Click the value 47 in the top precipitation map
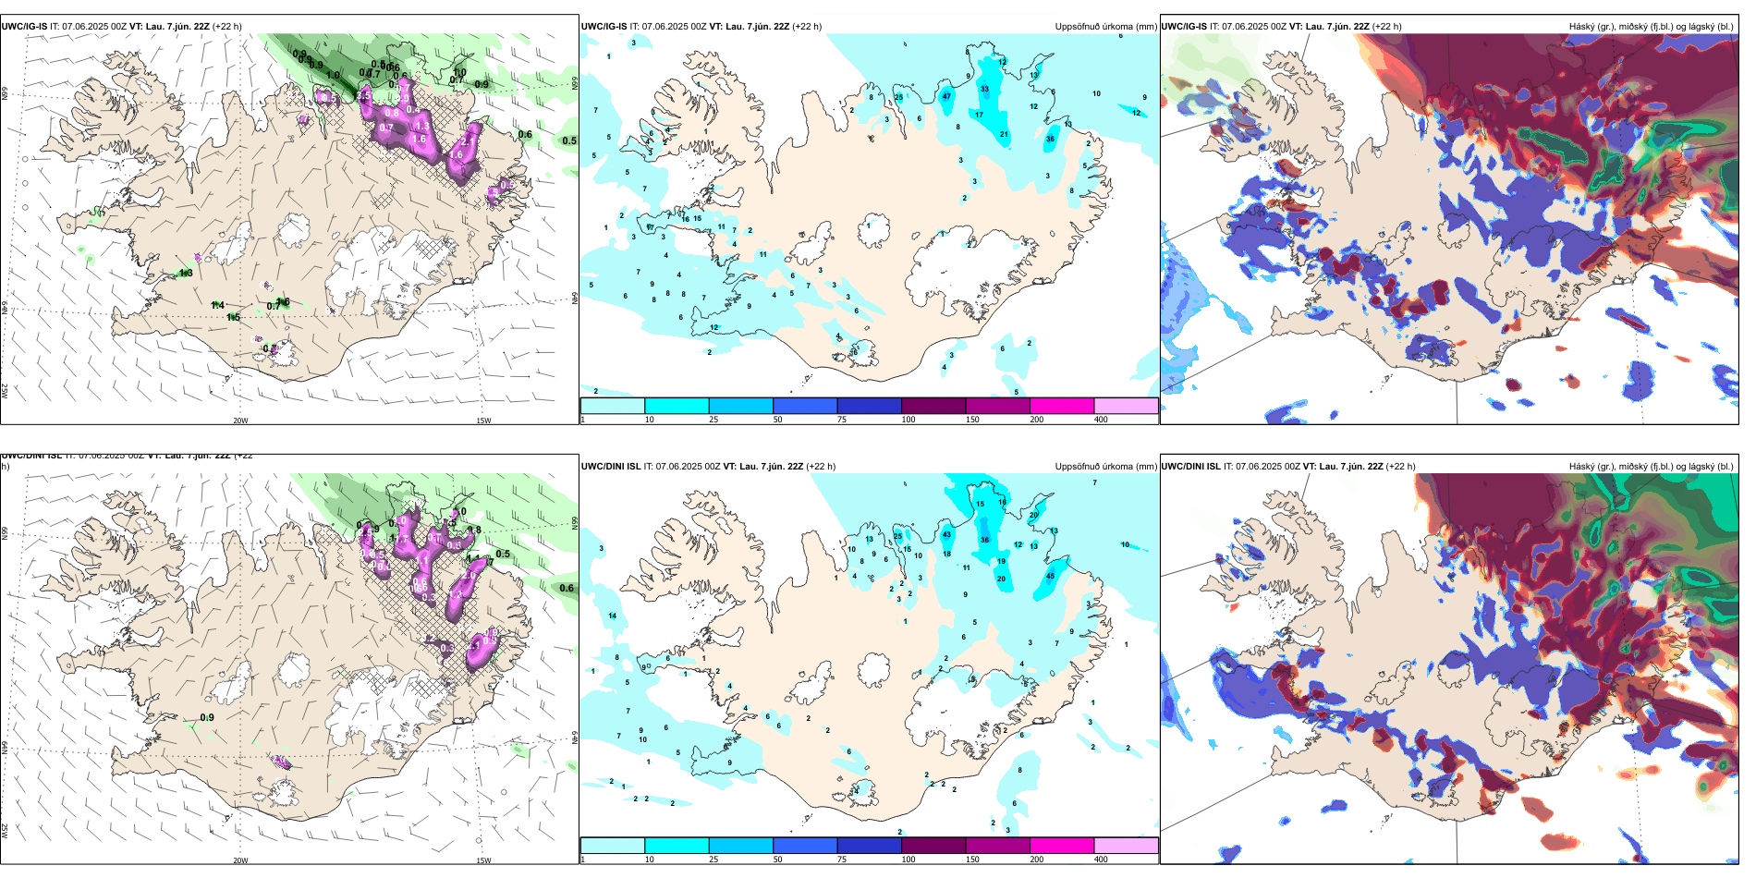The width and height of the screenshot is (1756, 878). [946, 96]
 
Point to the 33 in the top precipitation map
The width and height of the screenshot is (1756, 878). [984, 90]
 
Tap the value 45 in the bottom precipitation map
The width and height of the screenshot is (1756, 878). [1050, 576]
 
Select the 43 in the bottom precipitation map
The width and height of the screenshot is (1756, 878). [946, 534]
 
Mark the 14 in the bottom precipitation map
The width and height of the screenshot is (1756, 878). [613, 616]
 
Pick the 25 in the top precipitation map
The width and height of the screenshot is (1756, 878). [899, 97]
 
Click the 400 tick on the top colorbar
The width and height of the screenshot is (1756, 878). [1101, 420]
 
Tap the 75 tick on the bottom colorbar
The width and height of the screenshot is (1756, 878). [842, 860]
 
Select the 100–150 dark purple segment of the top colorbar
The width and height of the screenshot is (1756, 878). [933, 406]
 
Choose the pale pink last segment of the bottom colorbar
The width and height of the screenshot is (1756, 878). [1126, 846]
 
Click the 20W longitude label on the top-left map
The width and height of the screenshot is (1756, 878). [240, 421]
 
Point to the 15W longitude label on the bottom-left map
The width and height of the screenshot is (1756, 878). [483, 860]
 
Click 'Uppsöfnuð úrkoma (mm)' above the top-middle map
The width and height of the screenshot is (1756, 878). [1105, 27]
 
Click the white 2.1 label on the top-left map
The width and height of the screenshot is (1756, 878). [467, 140]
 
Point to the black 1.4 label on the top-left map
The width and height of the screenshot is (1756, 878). [217, 305]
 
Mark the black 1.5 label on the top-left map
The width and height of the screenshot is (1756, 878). [233, 318]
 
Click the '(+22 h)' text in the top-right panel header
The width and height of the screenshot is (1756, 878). [1386, 27]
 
